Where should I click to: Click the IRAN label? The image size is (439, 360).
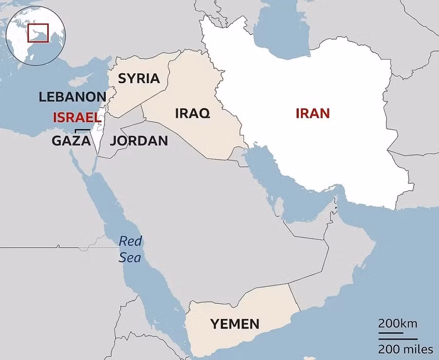click(x=313, y=114)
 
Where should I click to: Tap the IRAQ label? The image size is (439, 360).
click(x=192, y=114)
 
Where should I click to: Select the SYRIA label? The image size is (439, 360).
click(x=139, y=78)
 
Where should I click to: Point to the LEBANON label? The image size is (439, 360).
click(x=72, y=97)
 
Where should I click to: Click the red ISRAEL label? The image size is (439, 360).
click(x=77, y=118)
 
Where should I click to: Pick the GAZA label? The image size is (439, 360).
click(x=71, y=141)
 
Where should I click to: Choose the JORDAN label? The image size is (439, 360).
click(x=139, y=141)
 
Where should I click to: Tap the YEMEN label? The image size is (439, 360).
click(x=235, y=323)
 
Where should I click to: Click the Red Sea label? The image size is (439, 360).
click(x=130, y=249)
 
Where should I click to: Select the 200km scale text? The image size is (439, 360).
click(x=398, y=324)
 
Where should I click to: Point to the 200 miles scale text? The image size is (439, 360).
click(x=405, y=349)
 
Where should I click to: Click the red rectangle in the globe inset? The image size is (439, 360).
click(x=38, y=33)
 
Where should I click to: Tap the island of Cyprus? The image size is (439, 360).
click(x=79, y=80)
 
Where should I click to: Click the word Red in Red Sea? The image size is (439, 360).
click(x=130, y=240)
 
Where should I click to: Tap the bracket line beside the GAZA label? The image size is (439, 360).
click(x=83, y=130)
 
